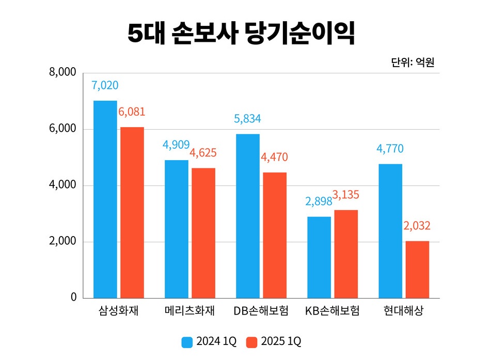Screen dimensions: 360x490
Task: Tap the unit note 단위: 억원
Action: click(413, 63)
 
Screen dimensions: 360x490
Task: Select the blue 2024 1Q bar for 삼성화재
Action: click(105, 199)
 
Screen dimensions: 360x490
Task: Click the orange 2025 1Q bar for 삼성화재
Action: click(132, 212)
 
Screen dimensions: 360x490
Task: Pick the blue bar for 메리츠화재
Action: click(177, 229)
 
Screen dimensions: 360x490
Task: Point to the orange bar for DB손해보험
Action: click(274, 235)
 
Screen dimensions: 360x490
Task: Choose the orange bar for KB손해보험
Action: click(345, 254)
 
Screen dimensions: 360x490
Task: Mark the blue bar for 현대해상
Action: click(390, 231)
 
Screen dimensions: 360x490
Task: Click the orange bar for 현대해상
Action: click(417, 269)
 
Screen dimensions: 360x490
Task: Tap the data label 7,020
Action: click(105, 85)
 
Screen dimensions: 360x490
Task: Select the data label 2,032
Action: click(417, 226)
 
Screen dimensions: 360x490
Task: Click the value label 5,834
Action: click(247, 119)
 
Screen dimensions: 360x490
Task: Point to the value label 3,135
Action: click(345, 195)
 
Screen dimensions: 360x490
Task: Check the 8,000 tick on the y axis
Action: click(62, 73)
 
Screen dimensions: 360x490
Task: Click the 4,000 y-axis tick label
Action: click(62, 185)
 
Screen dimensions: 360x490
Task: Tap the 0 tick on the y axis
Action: click(73, 298)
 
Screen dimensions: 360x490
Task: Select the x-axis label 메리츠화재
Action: click(189, 311)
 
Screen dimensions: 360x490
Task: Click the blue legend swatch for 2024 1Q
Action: click(187, 341)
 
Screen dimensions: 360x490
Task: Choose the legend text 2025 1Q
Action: click(281, 341)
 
